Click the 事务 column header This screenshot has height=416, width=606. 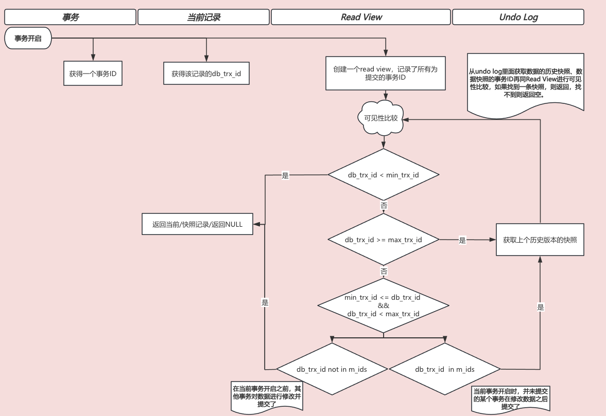pyautogui.click(x=71, y=17)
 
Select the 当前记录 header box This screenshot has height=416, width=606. pyautogui.click(x=203, y=17)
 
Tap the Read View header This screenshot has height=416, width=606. pyautogui.click(x=361, y=17)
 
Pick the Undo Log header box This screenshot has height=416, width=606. pyautogui.click(x=518, y=17)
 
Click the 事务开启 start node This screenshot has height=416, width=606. pyautogui.click(x=28, y=38)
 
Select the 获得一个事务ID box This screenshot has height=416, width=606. pyautogui.click(x=93, y=74)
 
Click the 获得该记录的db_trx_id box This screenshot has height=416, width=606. pyautogui.click(x=206, y=74)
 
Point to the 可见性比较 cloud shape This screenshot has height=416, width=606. pyautogui.click(x=381, y=118)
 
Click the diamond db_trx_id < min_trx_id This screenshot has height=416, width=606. pyautogui.click(x=384, y=175)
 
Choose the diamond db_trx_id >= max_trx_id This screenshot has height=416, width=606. pyautogui.click(x=384, y=240)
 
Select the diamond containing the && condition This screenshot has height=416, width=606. pyautogui.click(x=384, y=305)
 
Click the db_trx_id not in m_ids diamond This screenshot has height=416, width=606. pyautogui.click(x=332, y=369)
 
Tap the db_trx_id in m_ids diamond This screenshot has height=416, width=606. pyautogui.click(x=445, y=369)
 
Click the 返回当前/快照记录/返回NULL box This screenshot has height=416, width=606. pyautogui.click(x=197, y=224)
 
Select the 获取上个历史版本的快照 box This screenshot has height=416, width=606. pyautogui.click(x=540, y=240)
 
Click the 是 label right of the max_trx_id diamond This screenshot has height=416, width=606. pyautogui.click(x=462, y=240)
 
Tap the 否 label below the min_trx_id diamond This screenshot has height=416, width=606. pyautogui.click(x=384, y=205)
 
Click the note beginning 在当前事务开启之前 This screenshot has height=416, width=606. pyautogui.click(x=267, y=396)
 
